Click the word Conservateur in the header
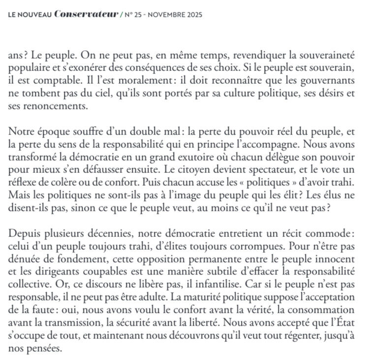[86, 15]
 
